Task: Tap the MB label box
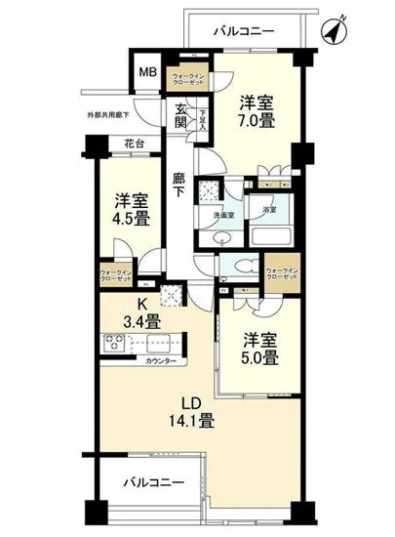pyautogui.click(x=148, y=72)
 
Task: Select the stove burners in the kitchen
pyautogui.click(x=112, y=342)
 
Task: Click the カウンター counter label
pyautogui.click(x=161, y=362)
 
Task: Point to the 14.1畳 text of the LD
pyautogui.click(x=189, y=422)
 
